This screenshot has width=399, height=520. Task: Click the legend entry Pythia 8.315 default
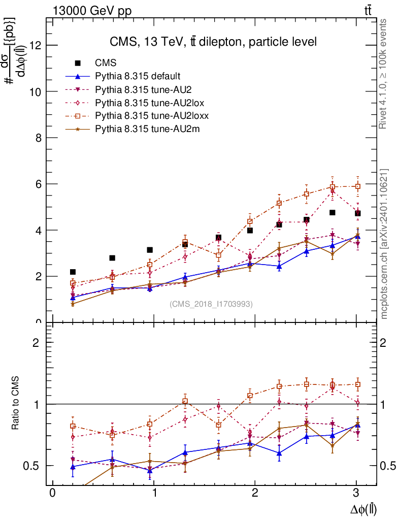click(138, 76)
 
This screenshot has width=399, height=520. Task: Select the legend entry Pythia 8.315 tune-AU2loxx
click(152, 116)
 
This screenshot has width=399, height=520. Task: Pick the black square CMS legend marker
click(78, 63)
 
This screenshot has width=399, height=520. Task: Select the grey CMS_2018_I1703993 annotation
click(211, 304)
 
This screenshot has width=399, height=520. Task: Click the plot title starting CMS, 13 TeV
click(213, 42)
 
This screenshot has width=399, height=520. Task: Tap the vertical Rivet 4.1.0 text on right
click(384, 74)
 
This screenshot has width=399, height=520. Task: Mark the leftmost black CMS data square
click(73, 272)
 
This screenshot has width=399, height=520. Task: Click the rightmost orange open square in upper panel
click(357, 186)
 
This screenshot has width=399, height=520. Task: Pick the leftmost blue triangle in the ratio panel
click(73, 466)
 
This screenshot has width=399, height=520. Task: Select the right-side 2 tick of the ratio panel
click(384, 342)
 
